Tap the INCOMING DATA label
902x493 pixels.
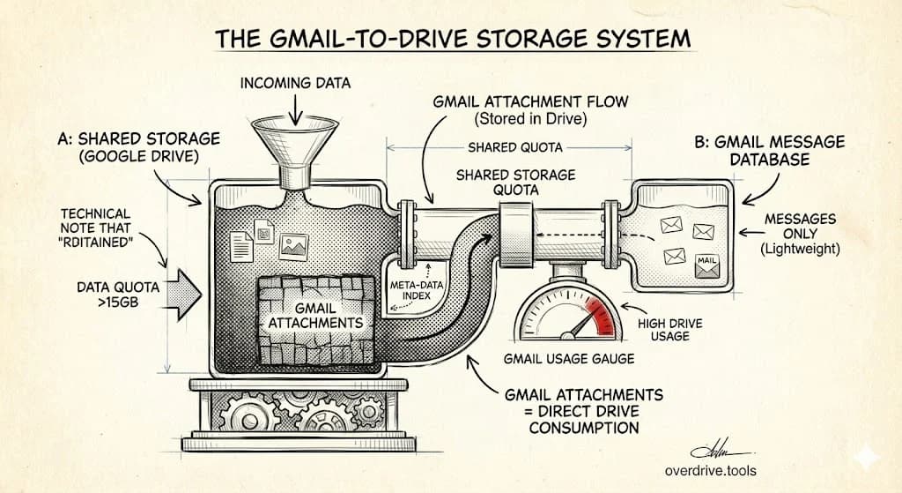coord(296,84)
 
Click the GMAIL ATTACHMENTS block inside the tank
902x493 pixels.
coord(315,316)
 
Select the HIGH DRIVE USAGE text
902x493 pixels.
coord(670,330)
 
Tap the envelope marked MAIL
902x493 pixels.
coord(706,265)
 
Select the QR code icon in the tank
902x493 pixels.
coord(264,231)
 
